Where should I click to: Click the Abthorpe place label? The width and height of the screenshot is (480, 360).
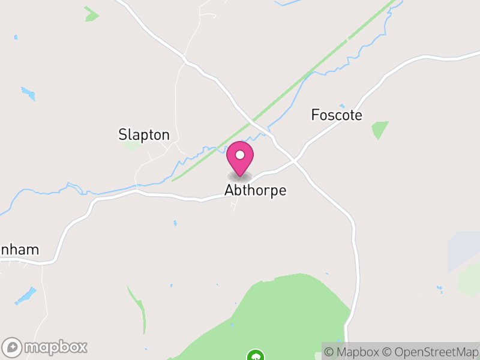[255, 190]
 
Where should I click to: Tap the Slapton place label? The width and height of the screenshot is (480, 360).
[144, 135]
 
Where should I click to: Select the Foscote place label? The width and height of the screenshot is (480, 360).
[337, 115]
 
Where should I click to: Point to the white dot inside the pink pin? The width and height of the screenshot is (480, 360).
[240, 155]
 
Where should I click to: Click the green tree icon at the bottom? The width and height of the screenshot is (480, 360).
[256, 355]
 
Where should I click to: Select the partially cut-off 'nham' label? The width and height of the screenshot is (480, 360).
[20, 250]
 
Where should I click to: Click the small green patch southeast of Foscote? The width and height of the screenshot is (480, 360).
[379, 129]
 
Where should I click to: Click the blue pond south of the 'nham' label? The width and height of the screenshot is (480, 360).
[25, 295]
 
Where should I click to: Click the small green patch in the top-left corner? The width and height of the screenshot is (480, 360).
[91, 14]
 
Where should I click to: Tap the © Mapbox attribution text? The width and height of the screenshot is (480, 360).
[353, 352]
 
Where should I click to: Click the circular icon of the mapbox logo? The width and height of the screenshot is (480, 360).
[13, 347]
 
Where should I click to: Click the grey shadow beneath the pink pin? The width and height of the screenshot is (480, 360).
[240, 176]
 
